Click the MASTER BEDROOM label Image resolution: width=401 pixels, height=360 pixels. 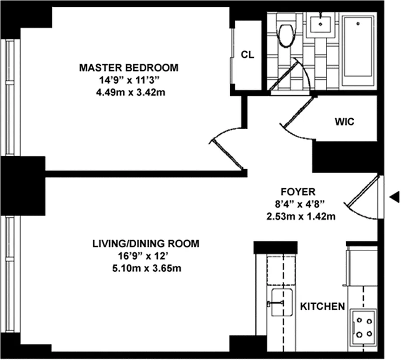pyautogui.click(x=129, y=68)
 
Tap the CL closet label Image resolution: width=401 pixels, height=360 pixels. pyautogui.click(x=247, y=55)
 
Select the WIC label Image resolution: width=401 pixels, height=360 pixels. pyautogui.click(x=344, y=121)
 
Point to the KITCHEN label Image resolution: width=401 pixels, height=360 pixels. pyautogui.click(x=322, y=306)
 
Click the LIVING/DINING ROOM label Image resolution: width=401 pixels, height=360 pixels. pyautogui.click(x=145, y=244)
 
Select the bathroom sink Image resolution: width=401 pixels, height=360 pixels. pyautogui.click(x=321, y=25)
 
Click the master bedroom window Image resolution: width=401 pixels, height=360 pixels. pyautogui.click(x=9, y=97)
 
